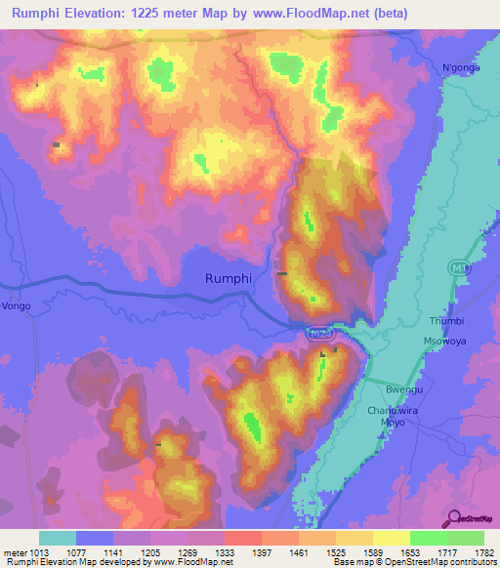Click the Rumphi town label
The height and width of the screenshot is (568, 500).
229,278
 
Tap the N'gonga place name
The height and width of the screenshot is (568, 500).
462,67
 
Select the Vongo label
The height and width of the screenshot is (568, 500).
17,305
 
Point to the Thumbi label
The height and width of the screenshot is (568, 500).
445,321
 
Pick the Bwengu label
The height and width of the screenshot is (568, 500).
403,388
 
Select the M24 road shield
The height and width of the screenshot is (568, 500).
318,334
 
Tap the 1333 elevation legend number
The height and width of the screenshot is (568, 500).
225,551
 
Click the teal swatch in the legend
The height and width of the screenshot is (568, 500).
58,538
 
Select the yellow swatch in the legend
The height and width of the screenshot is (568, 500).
392,538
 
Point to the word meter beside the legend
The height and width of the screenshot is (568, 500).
13,551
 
